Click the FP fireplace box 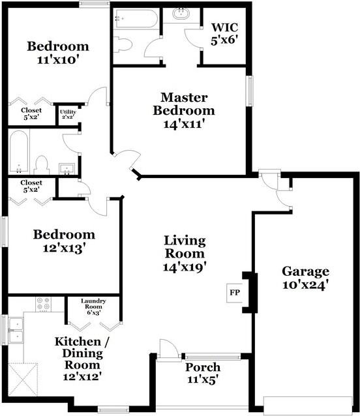coord(235,293)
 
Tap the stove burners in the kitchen coord(44,304)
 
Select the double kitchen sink coord(16,331)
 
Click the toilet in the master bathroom coord(123,44)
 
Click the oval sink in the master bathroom coord(181,14)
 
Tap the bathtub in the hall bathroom coord(19,152)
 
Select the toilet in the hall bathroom coord(42,165)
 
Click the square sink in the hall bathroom coord(67,169)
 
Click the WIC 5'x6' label coord(224,34)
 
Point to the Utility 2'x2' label coord(68,114)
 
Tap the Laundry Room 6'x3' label coord(93,306)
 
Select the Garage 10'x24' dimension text coord(306,285)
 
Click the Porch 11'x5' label coord(203,373)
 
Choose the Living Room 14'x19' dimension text coord(185,267)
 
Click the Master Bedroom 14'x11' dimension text coord(185,124)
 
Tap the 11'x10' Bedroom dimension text coord(58,60)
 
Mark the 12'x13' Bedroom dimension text coord(64,248)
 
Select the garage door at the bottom coord(308,406)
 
